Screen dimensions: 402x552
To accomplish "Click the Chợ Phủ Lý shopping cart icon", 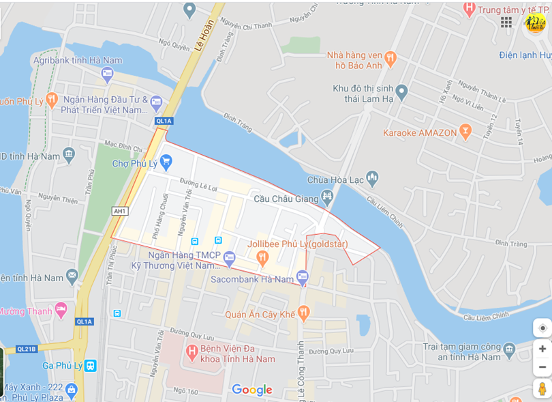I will tap(166, 162).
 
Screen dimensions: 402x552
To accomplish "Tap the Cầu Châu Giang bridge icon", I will tap(328, 199).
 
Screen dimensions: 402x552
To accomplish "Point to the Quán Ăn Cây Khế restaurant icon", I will tap(304, 313).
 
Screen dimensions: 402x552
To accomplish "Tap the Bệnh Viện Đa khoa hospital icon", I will tap(192, 353).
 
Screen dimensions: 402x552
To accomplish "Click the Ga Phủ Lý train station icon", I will tap(90, 365).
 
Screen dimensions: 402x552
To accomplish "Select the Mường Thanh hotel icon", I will tap(61, 311).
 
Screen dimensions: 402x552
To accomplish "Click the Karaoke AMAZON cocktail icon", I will tap(465, 132).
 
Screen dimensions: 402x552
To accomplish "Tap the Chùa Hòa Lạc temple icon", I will tap(372, 179).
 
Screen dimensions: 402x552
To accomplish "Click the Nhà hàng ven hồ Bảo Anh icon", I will tap(390, 59).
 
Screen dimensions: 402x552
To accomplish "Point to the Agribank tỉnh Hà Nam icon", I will tap(107, 74).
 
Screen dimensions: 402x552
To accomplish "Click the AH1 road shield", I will tap(120, 212).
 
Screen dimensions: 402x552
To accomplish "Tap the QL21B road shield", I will tap(26, 349).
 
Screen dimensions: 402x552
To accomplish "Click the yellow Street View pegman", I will tap(542, 388).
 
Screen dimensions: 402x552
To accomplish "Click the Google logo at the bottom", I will tap(252, 390).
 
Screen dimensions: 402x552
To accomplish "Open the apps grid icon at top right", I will tap(506, 23).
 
